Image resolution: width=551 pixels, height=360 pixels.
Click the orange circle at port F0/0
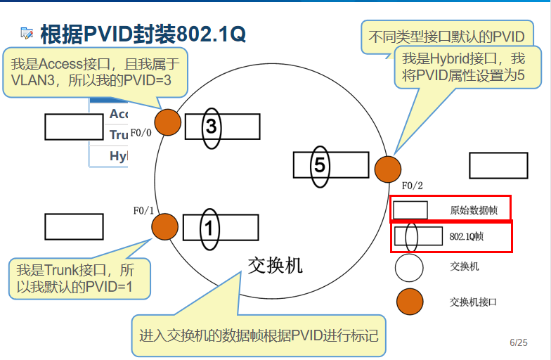pos(167,122)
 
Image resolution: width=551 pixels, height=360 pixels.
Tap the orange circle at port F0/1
pos(164,226)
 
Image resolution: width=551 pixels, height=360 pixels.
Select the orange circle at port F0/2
pos(387,169)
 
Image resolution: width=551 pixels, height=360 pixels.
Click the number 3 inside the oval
pos(211,127)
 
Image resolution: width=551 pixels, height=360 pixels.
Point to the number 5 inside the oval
pos(320,166)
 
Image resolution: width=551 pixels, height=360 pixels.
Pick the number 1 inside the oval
pos(209,228)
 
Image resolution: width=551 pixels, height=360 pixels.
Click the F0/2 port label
pos(413,186)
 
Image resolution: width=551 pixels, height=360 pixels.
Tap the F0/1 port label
pos(143,210)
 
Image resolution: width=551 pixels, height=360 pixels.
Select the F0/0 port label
pos(141,131)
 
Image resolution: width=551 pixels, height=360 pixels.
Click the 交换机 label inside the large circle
pos(275,264)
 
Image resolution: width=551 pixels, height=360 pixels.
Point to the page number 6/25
pos(519,342)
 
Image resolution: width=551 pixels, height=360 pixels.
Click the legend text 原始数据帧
pos(469,210)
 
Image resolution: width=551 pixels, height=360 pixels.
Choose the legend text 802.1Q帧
pos(467,237)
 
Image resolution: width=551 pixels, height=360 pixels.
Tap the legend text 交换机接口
pos(473,302)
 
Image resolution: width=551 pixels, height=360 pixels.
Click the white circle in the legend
pos(409,268)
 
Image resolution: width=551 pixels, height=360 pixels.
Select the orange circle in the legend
pos(409,302)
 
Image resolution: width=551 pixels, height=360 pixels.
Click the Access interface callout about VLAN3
pos(95,72)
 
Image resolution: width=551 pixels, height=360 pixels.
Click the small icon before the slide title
pos(27,32)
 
